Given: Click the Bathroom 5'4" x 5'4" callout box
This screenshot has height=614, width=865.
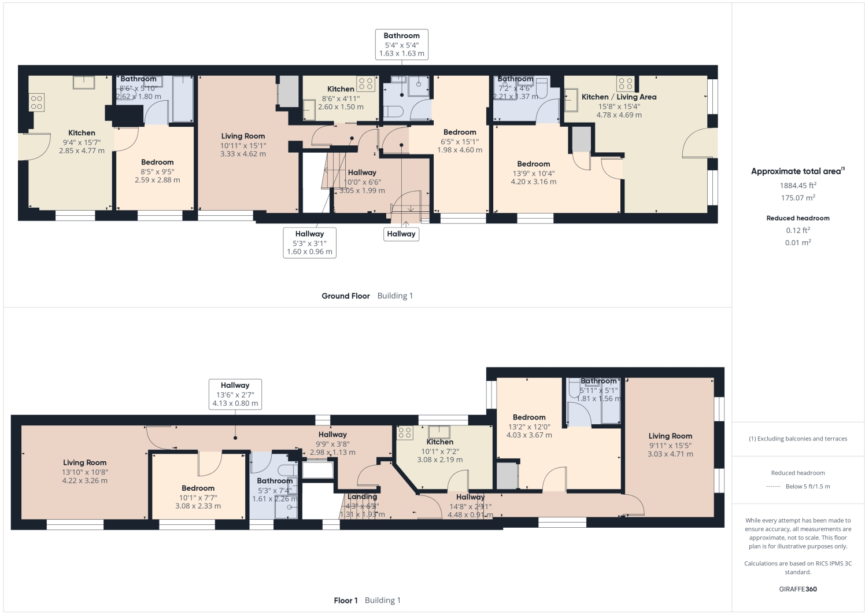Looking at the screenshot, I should pos(401,45).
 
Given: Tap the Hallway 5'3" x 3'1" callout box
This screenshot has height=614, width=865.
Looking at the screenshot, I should pos(309,242).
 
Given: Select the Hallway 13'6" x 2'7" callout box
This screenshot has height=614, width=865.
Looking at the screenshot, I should pos(235,394).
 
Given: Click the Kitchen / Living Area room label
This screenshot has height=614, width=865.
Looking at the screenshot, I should pos(619,97).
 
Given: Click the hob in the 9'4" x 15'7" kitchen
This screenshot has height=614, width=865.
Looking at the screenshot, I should pos(37,103).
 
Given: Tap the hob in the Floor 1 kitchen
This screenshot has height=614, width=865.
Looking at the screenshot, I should pos(405,433).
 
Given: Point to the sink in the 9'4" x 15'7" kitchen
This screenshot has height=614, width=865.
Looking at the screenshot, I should pos(84,82).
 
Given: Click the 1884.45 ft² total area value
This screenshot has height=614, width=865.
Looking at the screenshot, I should pos(798,186).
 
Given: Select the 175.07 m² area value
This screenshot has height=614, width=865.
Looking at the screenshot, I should pos(798,198).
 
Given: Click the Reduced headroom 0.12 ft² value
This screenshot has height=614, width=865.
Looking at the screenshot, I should pos(798,230).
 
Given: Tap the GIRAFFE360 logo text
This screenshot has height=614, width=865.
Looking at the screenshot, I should pos(798,589).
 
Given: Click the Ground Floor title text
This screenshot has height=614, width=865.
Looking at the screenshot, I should pos(346,296).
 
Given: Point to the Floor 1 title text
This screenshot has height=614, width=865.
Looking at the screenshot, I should pos(346,600).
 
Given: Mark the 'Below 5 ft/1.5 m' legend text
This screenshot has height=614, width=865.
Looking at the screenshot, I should pos(808,486).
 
